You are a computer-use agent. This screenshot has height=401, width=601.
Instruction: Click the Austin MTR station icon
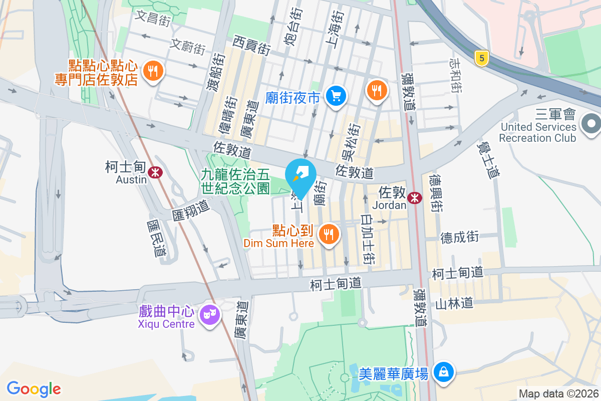tap(156, 172)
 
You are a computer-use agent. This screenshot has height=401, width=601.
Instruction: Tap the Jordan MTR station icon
tap(414, 197)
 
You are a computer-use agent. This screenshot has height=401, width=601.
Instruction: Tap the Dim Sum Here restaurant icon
tap(329, 234)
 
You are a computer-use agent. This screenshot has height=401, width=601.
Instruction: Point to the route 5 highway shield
tap(481, 59)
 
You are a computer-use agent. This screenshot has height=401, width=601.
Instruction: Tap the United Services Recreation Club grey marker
tap(591, 123)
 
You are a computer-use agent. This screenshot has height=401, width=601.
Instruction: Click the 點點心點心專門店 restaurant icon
tap(152, 71)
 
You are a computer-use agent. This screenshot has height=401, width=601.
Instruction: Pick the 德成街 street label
tap(460, 237)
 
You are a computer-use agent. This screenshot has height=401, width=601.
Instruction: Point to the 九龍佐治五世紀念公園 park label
tap(235, 181)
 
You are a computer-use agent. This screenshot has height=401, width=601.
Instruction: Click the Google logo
tap(34, 388)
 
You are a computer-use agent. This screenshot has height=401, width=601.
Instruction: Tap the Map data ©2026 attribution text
tap(558, 393)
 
